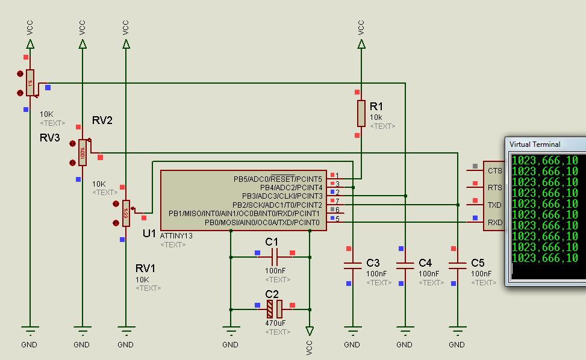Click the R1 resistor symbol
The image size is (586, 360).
click(361, 113)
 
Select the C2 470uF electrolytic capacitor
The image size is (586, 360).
click(275, 309)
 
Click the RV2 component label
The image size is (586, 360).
click(102, 120)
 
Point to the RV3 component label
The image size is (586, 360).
click(49, 138)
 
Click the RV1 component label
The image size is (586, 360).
click(145, 268)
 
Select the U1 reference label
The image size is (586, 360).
click(149, 233)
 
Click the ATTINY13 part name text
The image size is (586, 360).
click(176, 236)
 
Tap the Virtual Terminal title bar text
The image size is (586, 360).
click(535, 144)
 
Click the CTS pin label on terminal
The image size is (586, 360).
click(494, 170)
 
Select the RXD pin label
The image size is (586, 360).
click(494, 223)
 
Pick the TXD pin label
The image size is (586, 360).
click(494, 205)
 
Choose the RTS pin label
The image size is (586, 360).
click(494, 188)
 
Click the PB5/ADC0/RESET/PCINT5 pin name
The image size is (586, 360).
click(278, 179)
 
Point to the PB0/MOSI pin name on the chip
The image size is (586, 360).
click(262, 223)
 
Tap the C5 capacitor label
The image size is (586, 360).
click(478, 263)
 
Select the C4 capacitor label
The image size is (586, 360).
click(425, 263)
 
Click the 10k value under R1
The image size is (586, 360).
click(376, 117)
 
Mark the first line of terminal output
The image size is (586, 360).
click(544, 161)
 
